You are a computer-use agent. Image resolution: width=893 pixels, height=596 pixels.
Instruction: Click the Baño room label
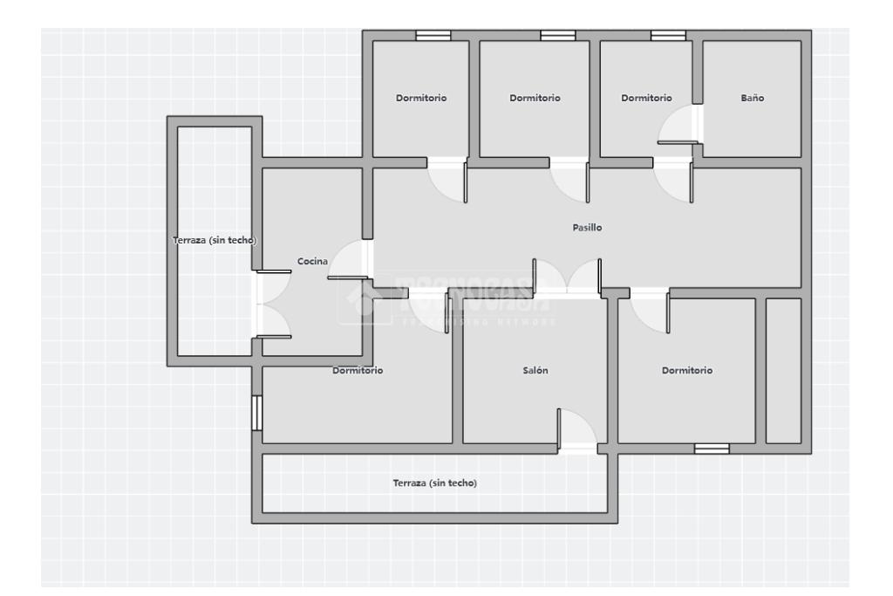tap(752, 99)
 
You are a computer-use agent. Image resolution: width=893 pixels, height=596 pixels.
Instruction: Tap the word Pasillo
tap(587, 228)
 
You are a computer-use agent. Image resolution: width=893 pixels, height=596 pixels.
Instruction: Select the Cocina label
tap(312, 261)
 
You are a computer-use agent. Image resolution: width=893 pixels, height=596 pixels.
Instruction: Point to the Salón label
tap(535, 371)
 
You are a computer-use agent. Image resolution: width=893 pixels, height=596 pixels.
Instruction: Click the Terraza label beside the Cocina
tap(215, 241)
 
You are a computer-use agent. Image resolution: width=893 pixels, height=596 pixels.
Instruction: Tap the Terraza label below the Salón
tap(434, 483)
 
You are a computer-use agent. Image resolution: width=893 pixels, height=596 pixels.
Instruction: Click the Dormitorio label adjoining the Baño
tap(646, 99)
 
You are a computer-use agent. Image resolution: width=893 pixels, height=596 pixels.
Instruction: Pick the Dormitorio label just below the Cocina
tap(358, 371)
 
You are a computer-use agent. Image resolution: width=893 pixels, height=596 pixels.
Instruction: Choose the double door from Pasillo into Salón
tap(567, 277)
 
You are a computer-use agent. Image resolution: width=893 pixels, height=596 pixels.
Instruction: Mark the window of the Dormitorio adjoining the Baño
tap(668, 36)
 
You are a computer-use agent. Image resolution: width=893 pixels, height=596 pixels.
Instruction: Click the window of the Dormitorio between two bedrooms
tap(557, 36)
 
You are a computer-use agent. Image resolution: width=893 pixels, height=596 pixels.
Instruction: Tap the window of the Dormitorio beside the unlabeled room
tap(712, 449)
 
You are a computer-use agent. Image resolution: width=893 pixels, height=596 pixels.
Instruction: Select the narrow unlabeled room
tap(782, 371)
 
